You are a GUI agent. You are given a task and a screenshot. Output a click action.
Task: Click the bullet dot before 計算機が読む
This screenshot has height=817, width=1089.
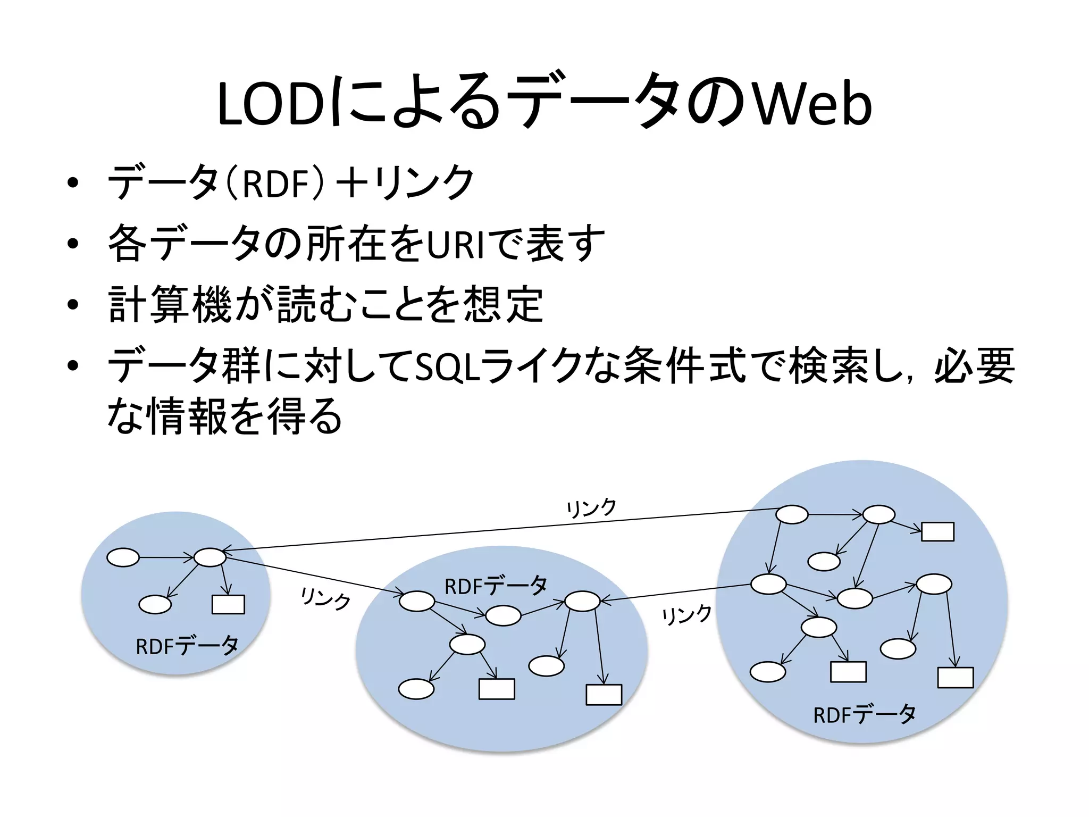point(73,305)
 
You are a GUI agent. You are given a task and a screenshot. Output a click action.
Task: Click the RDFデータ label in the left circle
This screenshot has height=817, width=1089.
point(187,646)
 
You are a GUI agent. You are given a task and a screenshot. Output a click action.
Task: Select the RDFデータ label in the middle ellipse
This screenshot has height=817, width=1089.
point(496,586)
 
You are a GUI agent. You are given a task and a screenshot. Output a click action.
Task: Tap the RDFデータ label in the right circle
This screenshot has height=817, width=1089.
point(865,714)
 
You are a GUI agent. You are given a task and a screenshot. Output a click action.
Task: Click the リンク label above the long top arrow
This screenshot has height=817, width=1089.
point(591,508)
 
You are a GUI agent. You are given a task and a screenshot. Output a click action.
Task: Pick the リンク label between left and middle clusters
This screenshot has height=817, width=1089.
point(325,598)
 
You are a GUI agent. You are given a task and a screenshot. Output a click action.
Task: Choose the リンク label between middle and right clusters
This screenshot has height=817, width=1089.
point(686,615)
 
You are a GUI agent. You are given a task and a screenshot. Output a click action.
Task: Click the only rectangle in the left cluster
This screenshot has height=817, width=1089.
point(228,604)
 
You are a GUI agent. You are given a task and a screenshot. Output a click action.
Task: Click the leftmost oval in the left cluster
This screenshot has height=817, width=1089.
point(123,557)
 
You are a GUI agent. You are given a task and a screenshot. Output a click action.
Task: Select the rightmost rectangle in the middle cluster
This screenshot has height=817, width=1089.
point(604,695)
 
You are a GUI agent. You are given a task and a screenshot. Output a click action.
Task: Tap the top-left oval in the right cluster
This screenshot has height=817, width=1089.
point(792,515)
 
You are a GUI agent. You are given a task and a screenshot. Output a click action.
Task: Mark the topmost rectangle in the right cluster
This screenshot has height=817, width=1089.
point(937,531)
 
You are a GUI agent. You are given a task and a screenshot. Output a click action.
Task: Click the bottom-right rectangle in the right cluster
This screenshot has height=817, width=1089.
point(955,678)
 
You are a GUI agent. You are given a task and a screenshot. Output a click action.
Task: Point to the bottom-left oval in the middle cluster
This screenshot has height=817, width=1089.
point(416,689)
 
